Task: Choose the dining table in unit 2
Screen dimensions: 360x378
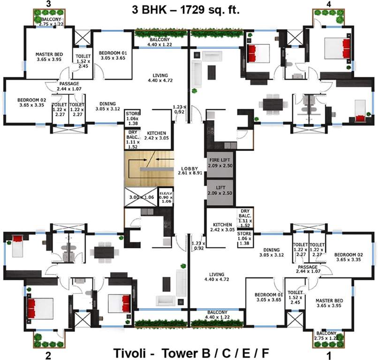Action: [x=104, y=251]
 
